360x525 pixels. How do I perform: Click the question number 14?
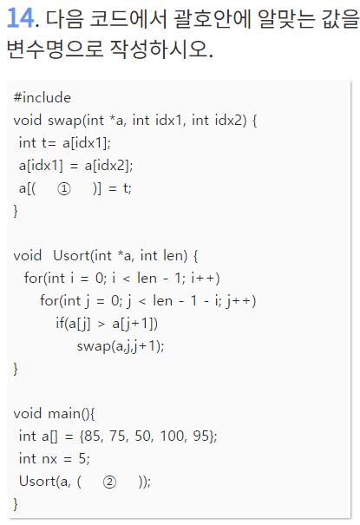[x=20, y=17]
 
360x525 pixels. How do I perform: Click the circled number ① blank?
[x=64, y=189]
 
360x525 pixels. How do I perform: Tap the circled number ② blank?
[x=109, y=482]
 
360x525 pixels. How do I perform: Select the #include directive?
[x=43, y=98]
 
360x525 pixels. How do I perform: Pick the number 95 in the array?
[x=201, y=436]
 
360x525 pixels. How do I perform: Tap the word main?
[x=64, y=414]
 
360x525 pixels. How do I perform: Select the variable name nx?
[x=49, y=459]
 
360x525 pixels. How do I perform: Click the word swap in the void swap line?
[x=64, y=121]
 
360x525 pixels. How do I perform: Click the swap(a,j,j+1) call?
[x=121, y=346]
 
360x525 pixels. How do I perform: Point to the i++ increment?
[x=203, y=279]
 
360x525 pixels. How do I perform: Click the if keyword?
[x=60, y=324]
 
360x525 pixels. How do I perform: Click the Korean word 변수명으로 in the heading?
[x=55, y=49]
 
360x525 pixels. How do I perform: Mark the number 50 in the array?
[x=143, y=436]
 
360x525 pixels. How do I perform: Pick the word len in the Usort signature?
[x=175, y=256]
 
